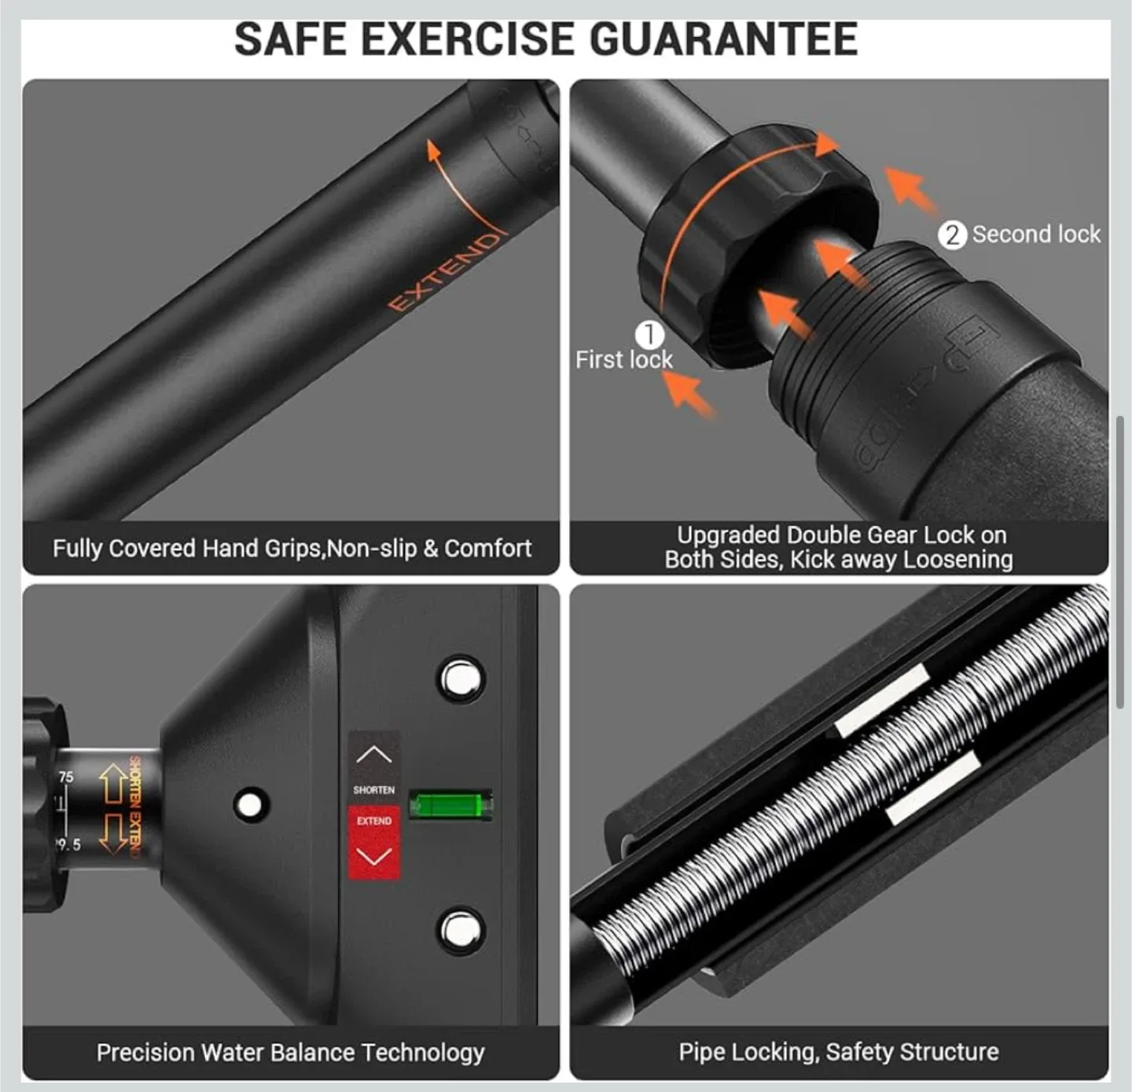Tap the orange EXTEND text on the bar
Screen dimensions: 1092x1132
[444, 272]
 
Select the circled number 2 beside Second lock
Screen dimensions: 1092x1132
[952, 234]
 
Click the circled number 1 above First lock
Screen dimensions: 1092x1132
[649, 334]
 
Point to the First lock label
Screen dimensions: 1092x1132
[623, 360]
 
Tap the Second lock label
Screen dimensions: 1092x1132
[1035, 234]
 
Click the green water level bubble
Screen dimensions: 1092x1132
[450, 805]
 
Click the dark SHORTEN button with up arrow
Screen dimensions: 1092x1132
[374, 767]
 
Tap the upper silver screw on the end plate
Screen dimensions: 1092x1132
[461, 678]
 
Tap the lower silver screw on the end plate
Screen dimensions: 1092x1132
[461, 931]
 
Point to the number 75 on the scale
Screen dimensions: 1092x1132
[66, 777]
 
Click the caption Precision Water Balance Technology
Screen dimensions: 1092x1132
[290, 1053]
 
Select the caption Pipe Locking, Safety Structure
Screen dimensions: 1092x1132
[838, 1052]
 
